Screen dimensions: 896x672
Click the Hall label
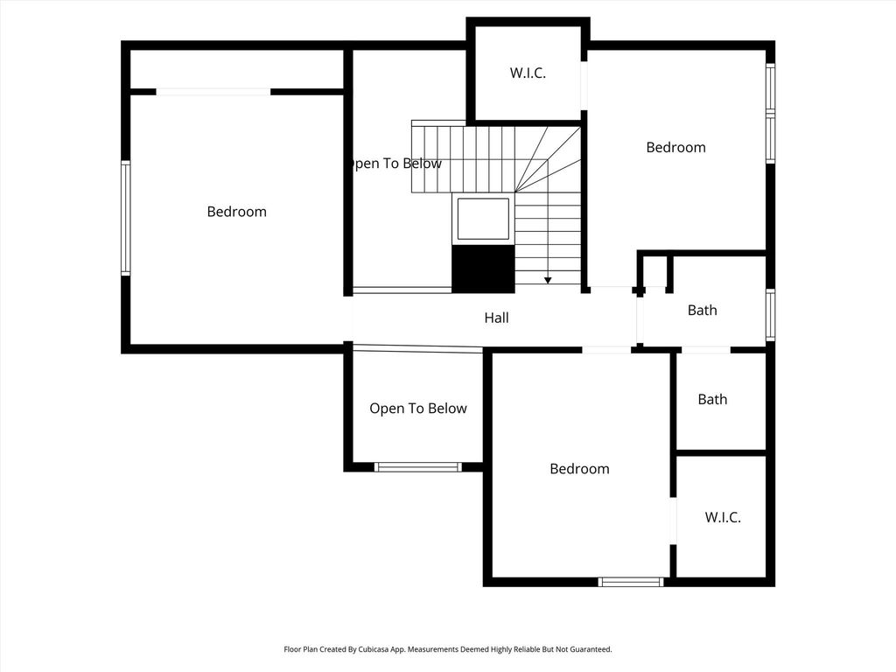(x=496, y=318)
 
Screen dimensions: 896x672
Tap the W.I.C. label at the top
(x=528, y=73)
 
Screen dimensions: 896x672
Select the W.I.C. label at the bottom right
(x=722, y=517)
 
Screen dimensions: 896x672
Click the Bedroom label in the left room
(x=236, y=212)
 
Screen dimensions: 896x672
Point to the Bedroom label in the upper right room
(x=676, y=147)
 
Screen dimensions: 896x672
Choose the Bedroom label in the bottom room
(x=579, y=469)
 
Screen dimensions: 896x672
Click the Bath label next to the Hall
(x=703, y=311)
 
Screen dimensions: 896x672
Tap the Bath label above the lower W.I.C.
(x=712, y=399)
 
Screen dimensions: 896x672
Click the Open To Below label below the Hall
(x=418, y=409)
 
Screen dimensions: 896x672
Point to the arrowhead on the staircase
(x=548, y=281)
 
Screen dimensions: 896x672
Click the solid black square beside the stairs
(x=483, y=269)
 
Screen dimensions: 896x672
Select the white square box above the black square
(x=483, y=219)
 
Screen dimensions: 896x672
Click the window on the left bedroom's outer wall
(x=126, y=218)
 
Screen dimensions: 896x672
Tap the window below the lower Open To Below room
(x=417, y=467)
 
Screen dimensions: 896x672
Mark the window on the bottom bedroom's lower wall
(x=631, y=582)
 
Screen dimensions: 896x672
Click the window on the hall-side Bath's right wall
(x=770, y=315)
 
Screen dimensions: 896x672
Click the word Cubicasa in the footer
(x=374, y=649)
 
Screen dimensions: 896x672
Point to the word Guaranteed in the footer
(x=592, y=649)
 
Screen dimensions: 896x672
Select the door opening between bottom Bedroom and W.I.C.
(x=673, y=521)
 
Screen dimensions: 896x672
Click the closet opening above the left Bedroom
(x=213, y=91)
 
